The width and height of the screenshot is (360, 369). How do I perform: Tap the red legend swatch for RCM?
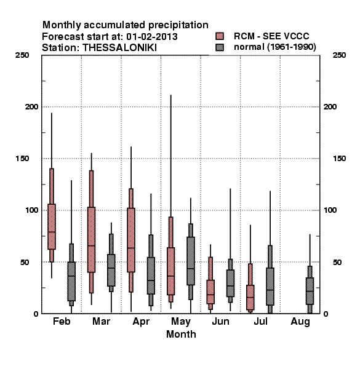[220, 36]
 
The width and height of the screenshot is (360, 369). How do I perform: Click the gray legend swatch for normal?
[220, 47]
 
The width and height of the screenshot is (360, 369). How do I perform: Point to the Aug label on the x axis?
[300, 322]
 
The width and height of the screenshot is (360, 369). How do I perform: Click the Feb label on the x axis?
[62, 321]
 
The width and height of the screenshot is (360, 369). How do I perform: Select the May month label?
[181, 322]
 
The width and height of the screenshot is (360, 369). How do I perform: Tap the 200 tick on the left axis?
[31, 106]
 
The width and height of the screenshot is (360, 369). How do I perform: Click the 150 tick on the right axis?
[339, 159]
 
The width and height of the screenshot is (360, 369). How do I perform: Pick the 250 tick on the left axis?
[22, 55]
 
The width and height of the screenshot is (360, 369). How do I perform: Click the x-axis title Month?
[181, 334]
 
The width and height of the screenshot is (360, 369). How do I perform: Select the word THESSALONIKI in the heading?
[119, 48]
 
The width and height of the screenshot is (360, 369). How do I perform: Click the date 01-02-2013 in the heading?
[152, 36]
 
